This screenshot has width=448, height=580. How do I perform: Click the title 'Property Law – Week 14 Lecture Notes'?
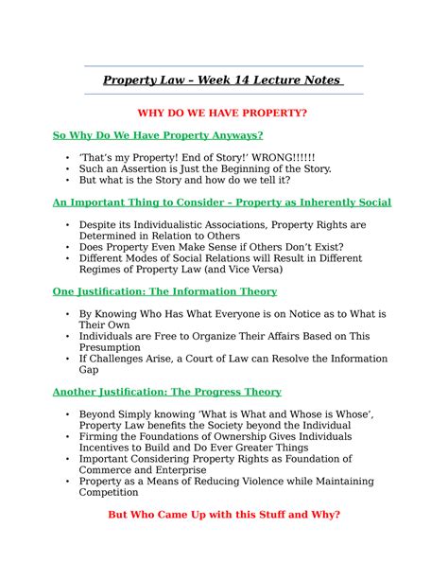[223, 80]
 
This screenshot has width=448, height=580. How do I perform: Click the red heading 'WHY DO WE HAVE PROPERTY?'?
[223, 114]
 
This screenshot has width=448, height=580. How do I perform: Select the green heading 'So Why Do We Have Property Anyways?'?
[157, 136]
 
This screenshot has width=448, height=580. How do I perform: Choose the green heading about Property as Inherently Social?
[221, 202]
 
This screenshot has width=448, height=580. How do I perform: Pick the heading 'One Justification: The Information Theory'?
[164, 292]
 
